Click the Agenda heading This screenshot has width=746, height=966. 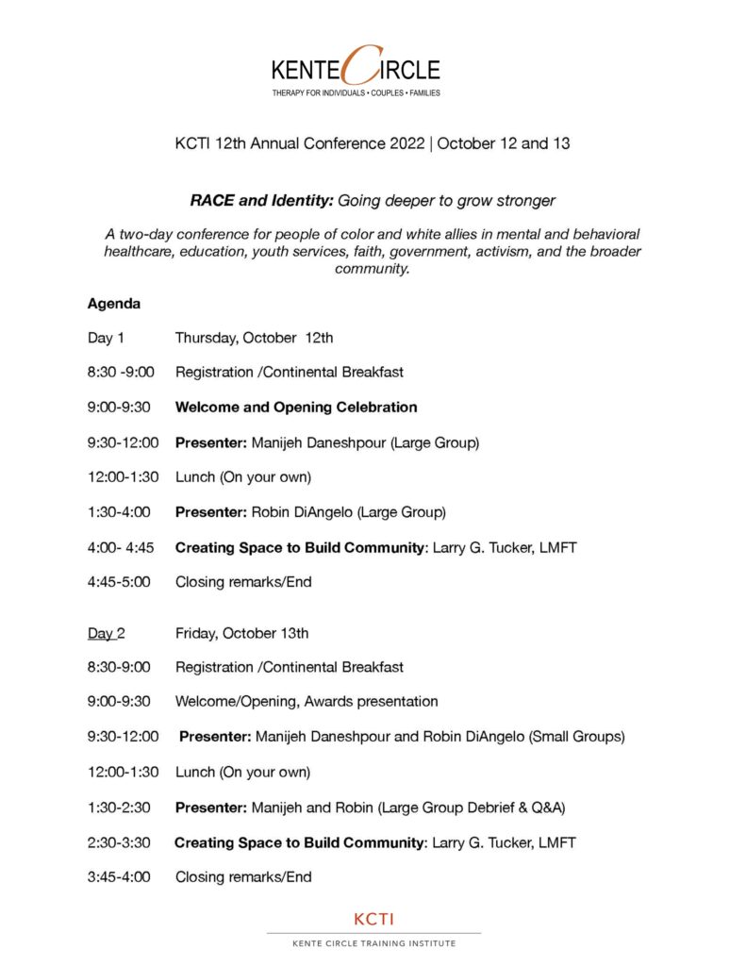point(114,304)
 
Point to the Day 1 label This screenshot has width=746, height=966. point(106,338)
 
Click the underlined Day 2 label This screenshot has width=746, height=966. point(106,633)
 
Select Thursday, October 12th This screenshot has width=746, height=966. point(254,338)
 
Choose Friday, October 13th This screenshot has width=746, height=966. point(241,633)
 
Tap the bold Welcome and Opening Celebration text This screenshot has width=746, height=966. point(296,408)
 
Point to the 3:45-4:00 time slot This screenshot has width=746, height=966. point(119,877)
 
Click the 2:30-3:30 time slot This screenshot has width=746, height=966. point(119,842)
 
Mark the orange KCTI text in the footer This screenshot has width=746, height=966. point(373,919)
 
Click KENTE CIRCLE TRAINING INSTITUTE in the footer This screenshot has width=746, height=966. point(373,943)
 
